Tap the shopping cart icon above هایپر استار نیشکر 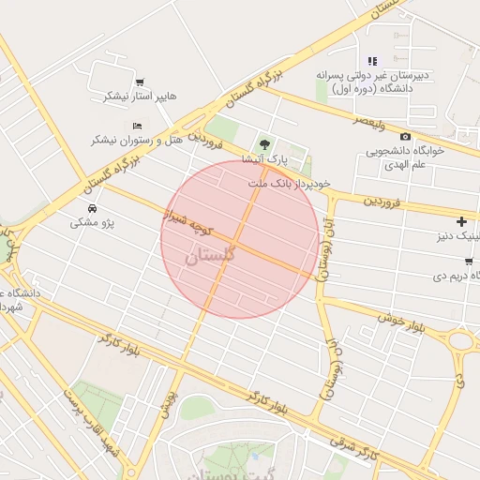point(140,82)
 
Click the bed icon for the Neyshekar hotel point(138,126)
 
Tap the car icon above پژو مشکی point(92,208)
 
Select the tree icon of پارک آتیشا point(264,144)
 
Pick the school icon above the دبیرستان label point(372,61)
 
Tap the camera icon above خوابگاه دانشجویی point(405,137)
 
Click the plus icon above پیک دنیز point(460,221)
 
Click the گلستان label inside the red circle point(211,255)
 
